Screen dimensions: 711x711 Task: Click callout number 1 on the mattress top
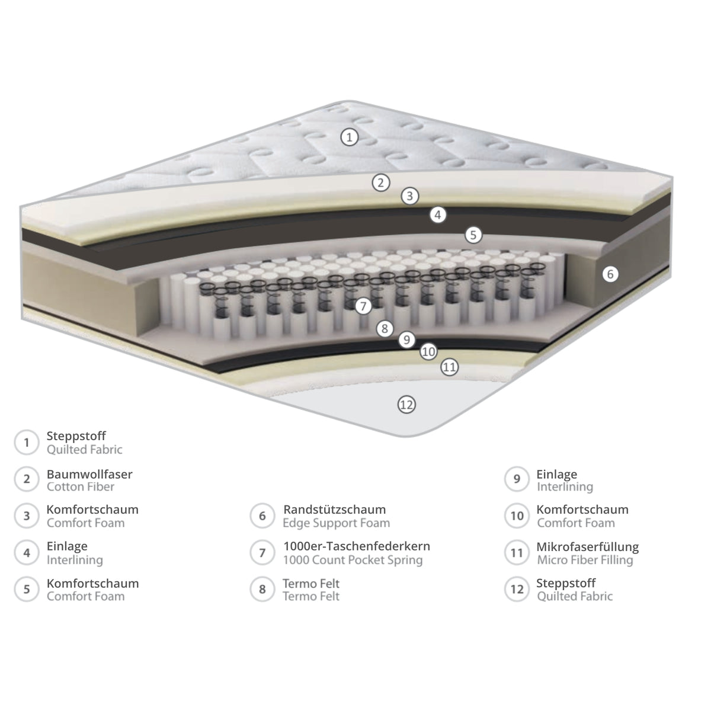point(349,137)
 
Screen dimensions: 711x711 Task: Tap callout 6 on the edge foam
point(610,274)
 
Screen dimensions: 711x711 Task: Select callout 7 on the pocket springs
point(363,306)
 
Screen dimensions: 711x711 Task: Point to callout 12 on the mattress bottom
point(406,405)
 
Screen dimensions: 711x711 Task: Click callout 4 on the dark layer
point(438,214)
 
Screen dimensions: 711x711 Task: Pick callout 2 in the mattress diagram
point(381,182)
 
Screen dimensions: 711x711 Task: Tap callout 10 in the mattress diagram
point(428,351)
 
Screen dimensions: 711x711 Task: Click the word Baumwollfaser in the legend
point(89,474)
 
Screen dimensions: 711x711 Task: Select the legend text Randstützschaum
point(334,510)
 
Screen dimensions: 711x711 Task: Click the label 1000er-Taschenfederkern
point(357,546)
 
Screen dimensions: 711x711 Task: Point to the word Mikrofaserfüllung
point(587,547)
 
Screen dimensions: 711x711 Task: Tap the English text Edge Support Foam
point(336,523)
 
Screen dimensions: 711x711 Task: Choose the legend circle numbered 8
point(262,589)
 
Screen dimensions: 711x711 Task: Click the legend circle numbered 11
point(517,553)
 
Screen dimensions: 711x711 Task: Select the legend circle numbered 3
point(27,516)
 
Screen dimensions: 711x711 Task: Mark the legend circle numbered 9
point(517,479)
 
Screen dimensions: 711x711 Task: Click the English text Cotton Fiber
point(81,486)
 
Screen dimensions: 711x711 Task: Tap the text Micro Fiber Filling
point(585,560)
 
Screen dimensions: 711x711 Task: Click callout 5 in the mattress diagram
point(473,235)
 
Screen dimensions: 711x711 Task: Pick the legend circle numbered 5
point(27,589)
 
